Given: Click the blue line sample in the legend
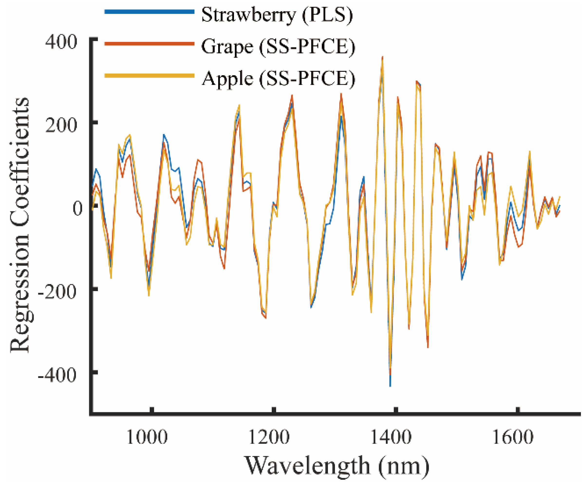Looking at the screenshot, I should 149,12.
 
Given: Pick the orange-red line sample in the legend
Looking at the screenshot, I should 149,44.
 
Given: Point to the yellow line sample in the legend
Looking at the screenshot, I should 149,76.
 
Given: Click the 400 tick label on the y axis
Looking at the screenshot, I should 61,42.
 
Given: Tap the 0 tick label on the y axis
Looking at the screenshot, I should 78,208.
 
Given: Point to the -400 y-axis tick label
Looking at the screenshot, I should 57,375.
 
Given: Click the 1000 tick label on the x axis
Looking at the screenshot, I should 147,437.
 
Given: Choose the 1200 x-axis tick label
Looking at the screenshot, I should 269,437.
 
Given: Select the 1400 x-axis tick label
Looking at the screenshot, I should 391,437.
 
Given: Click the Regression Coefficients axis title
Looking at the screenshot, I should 19,225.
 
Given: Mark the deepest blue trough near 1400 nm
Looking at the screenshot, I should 390,385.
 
